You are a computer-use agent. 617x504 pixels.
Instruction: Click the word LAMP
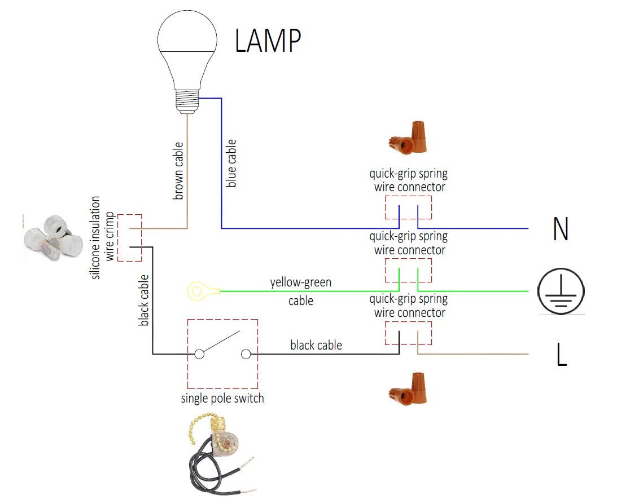[268, 41]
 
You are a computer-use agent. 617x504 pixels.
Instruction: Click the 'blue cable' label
[231, 163]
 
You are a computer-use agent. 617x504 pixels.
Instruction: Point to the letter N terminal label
[560, 229]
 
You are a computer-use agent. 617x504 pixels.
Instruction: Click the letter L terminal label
[561, 355]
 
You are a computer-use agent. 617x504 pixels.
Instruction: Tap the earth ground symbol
[560, 291]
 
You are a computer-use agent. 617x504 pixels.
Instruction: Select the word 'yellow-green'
[300, 282]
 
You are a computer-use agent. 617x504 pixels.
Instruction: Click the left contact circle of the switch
[199, 354]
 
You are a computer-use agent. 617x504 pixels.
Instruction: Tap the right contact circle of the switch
[246, 354]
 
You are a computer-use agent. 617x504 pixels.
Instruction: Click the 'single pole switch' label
[222, 399]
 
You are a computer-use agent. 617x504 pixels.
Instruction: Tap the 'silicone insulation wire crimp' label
[103, 237]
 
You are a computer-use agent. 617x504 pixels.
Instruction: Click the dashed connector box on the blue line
[408, 207]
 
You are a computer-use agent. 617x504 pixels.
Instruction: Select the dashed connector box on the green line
[408, 271]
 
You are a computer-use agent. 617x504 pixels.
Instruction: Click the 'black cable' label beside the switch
[316, 344]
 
